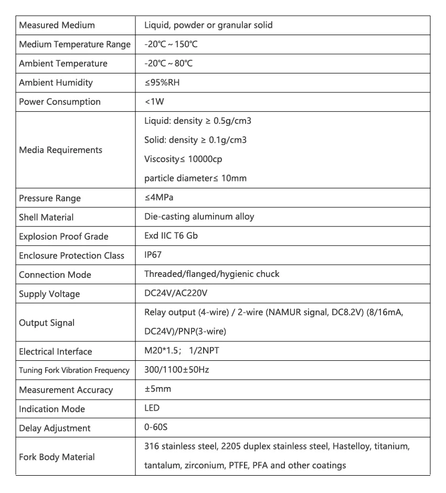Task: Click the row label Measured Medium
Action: [x=57, y=25]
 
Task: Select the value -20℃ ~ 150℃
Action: [x=171, y=44]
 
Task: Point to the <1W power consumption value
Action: [x=154, y=102]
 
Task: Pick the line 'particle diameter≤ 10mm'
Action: [x=195, y=178]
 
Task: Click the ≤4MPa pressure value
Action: [x=160, y=198]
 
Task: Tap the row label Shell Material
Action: [x=46, y=217]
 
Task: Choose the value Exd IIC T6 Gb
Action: [x=171, y=236]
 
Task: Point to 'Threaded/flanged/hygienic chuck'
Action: [x=211, y=274]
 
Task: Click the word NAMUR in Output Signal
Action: [x=280, y=313]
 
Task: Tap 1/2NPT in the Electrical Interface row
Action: [x=204, y=351]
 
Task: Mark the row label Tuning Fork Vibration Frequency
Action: [x=74, y=370]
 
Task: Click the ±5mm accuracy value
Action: [x=157, y=389]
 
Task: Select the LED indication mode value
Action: [x=152, y=409]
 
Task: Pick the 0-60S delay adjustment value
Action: [x=156, y=427]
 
